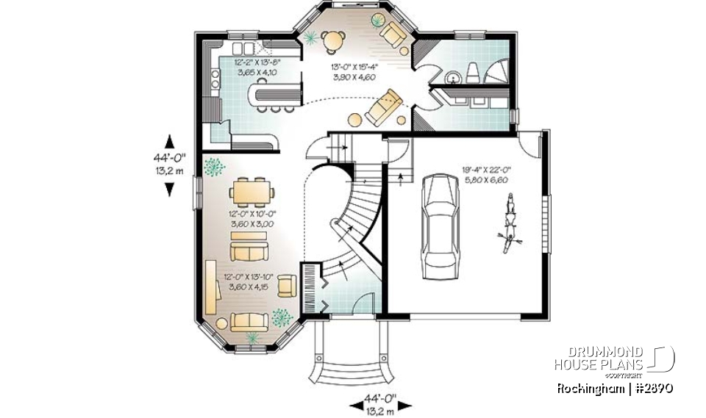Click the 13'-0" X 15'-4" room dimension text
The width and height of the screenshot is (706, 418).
pos(354,71)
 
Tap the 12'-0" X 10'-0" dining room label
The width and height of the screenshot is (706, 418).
pos(252,218)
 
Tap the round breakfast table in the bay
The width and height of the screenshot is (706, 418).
pos(335,39)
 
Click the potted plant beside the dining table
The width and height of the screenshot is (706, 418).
pos(215,167)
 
